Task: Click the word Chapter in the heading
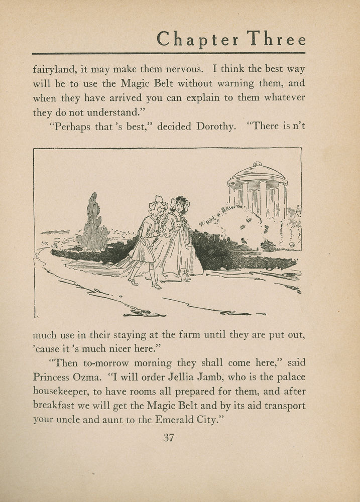point(197,39)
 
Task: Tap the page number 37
point(168,437)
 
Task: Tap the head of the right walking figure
point(179,206)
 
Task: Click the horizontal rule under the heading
point(168,53)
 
